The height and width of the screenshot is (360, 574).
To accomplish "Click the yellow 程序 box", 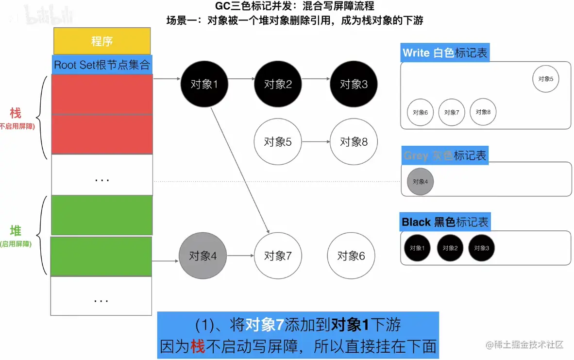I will click(102, 41).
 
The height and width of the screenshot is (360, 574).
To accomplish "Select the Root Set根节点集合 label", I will click(102, 65).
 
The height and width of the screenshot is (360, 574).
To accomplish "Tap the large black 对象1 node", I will click(204, 84).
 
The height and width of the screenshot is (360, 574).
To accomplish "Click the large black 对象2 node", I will click(278, 84).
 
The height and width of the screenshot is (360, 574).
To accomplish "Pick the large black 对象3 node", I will click(354, 84).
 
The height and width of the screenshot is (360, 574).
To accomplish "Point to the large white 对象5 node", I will click(278, 142).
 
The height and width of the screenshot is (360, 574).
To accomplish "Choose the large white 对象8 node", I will click(354, 142).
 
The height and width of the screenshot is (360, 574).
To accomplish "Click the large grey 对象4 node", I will click(203, 256).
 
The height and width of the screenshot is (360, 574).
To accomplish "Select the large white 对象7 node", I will click(278, 256).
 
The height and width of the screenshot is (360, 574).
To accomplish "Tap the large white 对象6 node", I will click(351, 256).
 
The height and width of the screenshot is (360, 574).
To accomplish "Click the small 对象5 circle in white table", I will click(545, 79).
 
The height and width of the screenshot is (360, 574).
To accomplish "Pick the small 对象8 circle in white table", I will click(483, 112).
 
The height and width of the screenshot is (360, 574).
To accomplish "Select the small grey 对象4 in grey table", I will click(420, 182).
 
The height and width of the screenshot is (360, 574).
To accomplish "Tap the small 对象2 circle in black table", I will click(450, 248).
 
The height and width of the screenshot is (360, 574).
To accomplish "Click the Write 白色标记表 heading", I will click(445, 53).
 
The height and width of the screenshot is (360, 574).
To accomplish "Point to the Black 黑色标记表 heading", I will click(445, 222).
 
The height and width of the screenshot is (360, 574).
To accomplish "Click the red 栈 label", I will click(16, 114).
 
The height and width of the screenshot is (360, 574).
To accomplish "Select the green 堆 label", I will click(16, 231).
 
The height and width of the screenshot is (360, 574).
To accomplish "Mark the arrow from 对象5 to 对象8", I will click(316, 142).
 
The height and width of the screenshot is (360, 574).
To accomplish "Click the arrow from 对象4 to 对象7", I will click(240, 256).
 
